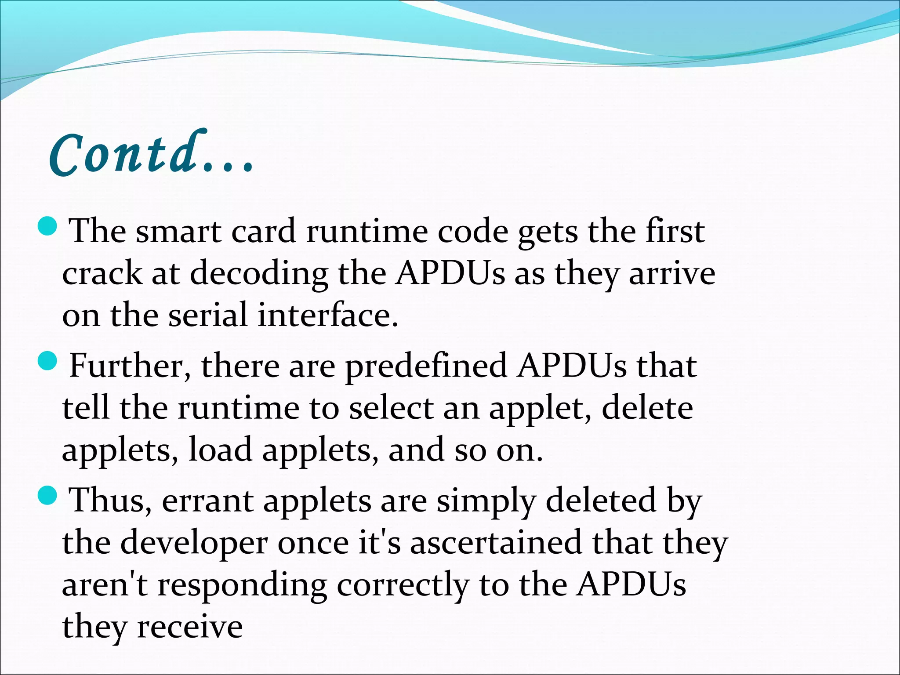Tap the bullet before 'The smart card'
(47, 226)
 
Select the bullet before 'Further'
(47, 361)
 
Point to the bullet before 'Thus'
(47, 495)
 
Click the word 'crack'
(102, 273)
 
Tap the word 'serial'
(208, 315)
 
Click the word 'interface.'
(328, 315)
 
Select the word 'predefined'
(425, 366)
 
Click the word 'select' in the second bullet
(391, 408)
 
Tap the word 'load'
(220, 450)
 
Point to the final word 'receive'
(190, 627)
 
